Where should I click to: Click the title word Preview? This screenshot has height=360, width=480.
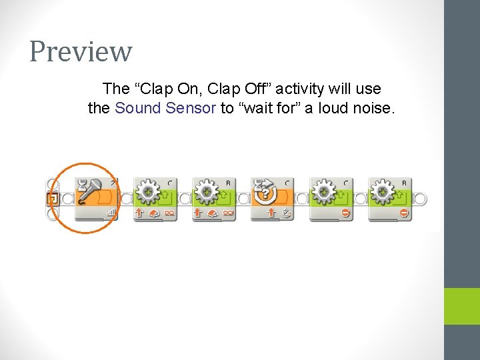coord(81,51)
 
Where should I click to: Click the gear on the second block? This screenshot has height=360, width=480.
coord(148,192)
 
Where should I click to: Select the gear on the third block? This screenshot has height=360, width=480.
coord(207,192)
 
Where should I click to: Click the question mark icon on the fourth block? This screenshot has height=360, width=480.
coord(265,193)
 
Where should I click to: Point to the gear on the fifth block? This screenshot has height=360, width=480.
coord(324,192)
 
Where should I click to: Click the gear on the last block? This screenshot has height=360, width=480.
coord(383,192)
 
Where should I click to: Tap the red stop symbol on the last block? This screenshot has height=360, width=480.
coord(404,213)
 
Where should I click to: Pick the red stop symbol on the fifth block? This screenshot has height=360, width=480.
coord(345,213)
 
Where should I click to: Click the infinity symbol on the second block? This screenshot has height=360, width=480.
coord(169,213)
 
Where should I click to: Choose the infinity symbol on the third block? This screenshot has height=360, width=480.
coord(228,213)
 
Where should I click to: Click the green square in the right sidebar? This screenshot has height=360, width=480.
coord(462,306)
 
